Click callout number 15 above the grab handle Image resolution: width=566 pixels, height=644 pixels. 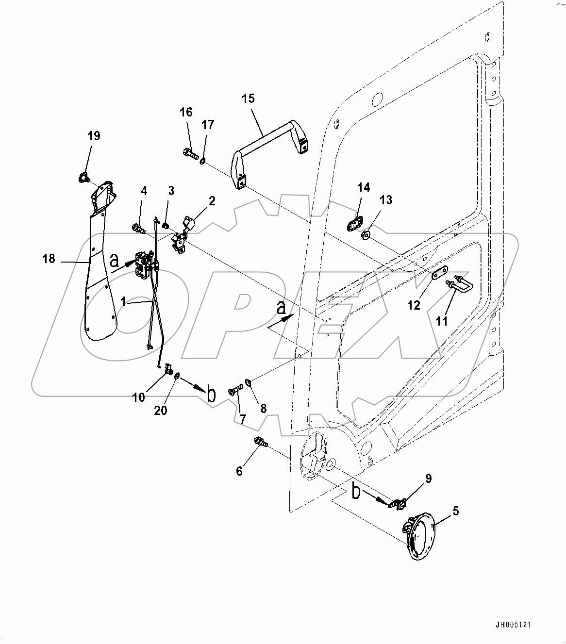pos(248,99)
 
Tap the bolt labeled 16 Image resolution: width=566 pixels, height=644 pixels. pos(190,155)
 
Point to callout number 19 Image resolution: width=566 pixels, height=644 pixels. pos(94,136)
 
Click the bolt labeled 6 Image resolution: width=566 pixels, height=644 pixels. pos(260,442)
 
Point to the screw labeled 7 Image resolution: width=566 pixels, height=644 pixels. pos(235,390)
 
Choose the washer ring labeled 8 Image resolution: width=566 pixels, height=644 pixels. pos(249,383)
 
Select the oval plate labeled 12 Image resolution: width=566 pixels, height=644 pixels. pos(440,274)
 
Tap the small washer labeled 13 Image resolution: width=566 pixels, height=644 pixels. pos(366,235)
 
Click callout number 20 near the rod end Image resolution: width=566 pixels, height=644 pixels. pos(161,410)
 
